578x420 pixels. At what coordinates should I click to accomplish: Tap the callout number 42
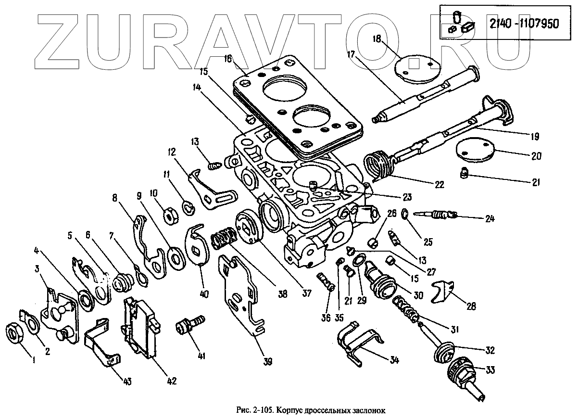pyautogui.click(x=171, y=381)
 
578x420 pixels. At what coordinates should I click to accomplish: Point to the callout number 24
pyautogui.click(x=490, y=218)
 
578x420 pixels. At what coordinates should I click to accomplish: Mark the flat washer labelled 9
pyautogui.click(x=176, y=256)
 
